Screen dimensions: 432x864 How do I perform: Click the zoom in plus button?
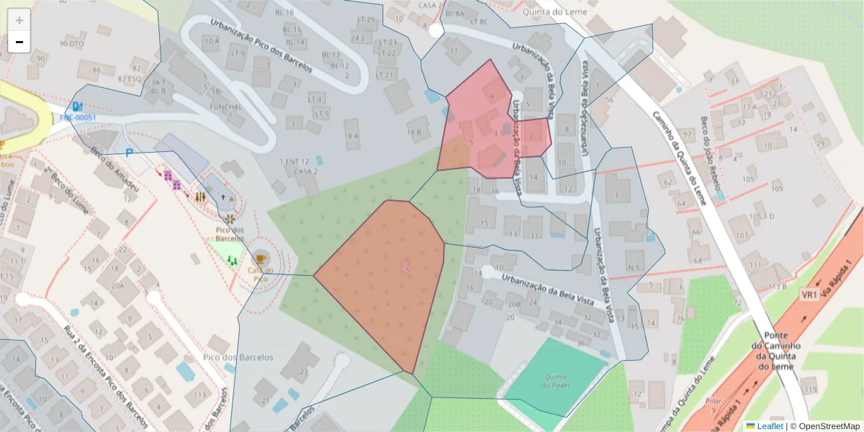(x=19, y=20)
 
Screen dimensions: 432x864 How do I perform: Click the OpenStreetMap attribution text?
(x=824, y=426)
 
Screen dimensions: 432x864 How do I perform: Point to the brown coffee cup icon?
(x=259, y=257)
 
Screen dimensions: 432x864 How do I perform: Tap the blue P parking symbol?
(x=130, y=153)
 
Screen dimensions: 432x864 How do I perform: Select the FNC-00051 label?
(x=78, y=118)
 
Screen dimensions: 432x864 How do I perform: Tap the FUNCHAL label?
(x=225, y=107)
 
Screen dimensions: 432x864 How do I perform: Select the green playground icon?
(x=232, y=259)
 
